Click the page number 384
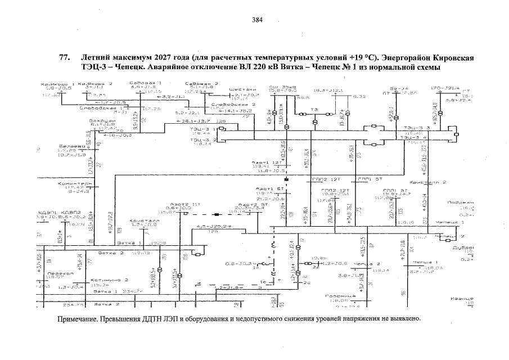click(x=257, y=20)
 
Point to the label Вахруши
click(x=102, y=120)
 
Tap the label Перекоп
click(x=59, y=273)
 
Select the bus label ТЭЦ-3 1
click(x=202, y=128)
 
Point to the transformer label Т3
click(x=314, y=109)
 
